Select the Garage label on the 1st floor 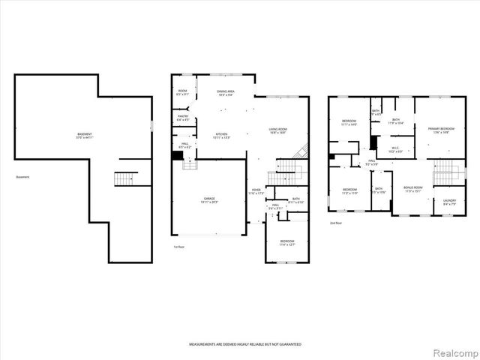[199, 200]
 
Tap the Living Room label [278, 130]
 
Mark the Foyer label [256, 191]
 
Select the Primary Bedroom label [439, 130]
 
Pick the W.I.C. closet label [396, 149]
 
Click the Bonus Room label [413, 188]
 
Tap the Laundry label [449, 201]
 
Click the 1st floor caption [179, 247]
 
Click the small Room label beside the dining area [181, 93]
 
